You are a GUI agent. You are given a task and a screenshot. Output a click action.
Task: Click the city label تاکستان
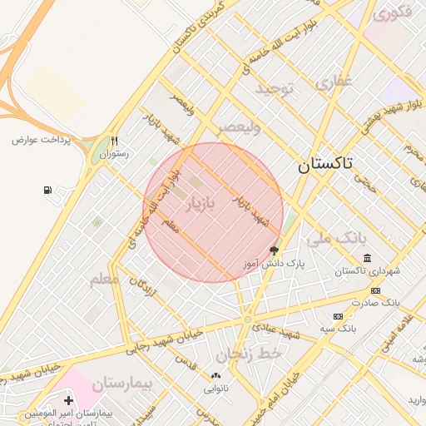325,164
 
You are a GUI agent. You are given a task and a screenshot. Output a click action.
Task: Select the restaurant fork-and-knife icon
114,141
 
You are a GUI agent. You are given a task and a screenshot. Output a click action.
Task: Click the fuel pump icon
47,191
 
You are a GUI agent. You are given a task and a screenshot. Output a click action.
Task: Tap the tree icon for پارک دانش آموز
274,250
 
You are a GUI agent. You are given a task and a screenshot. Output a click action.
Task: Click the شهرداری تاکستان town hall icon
367,259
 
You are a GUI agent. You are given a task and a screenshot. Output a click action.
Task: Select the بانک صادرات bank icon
375,290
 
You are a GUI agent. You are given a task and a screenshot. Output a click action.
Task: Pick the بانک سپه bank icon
337,316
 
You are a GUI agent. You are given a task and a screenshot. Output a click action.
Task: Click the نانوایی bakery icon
215,375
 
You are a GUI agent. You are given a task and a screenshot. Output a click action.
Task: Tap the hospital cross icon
68,401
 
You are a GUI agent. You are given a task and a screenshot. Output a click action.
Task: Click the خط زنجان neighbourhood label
250,355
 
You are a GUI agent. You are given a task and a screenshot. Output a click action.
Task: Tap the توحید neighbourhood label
275,88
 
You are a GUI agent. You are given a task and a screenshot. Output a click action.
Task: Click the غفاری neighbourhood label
334,82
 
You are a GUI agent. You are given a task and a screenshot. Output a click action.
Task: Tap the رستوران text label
115,154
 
